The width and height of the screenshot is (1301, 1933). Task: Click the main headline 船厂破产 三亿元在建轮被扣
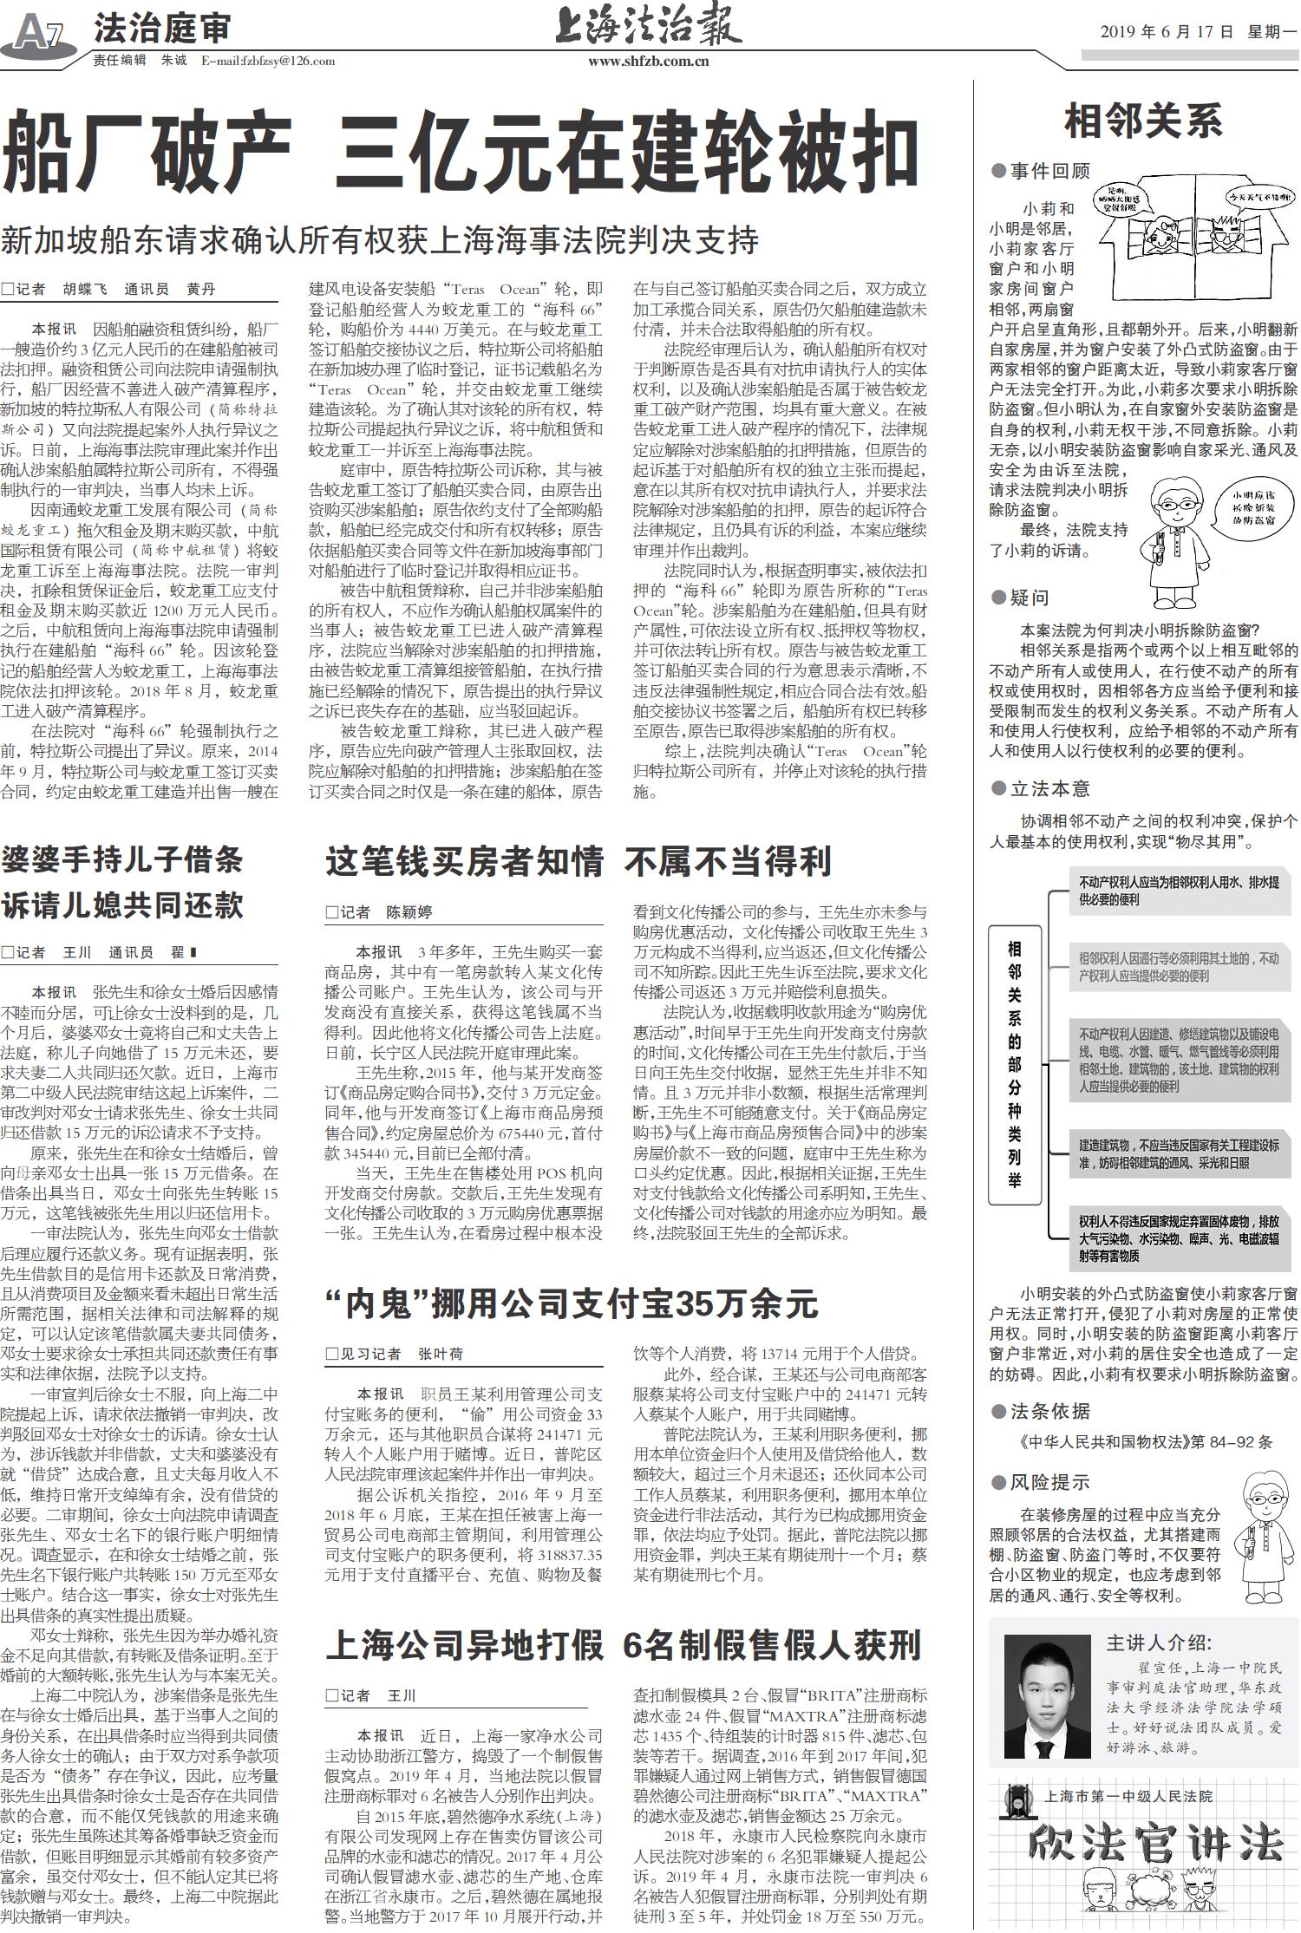[460, 153]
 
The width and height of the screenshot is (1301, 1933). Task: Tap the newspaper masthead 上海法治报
[649, 26]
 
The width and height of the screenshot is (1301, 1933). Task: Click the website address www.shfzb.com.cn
[649, 62]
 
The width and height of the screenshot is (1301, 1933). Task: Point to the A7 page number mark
[39, 36]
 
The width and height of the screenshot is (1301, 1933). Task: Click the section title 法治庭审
[162, 29]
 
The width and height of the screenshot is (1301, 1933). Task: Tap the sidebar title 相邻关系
[1143, 121]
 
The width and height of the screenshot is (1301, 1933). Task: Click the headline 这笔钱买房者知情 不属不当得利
[579, 861]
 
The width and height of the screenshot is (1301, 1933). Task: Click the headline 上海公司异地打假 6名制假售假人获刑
[623, 1644]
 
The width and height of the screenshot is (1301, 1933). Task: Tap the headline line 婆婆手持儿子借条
[122, 859]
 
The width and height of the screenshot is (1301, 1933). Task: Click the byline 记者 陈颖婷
[379, 911]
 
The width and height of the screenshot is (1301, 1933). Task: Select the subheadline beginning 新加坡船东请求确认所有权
[380, 240]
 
